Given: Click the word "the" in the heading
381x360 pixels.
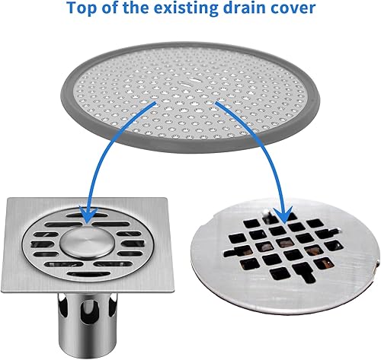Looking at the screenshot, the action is (x=136, y=8).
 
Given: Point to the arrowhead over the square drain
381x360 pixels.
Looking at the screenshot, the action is (x=88, y=215).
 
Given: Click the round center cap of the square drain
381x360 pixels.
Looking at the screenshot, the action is (x=86, y=241).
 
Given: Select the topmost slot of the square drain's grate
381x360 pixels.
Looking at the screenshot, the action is (x=87, y=215).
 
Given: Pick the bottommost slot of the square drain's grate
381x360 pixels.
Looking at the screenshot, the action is (x=88, y=274).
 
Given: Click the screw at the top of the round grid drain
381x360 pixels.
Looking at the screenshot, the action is (x=267, y=212).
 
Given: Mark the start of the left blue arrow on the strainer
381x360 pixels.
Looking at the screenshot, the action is (x=155, y=103).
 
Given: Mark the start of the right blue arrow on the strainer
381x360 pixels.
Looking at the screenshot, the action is (x=216, y=103).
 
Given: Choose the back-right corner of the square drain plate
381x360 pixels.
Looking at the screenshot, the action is (x=166, y=199).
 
